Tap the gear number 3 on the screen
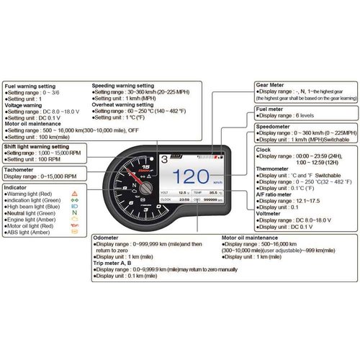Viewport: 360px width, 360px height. pyautogui.click(x=166, y=158)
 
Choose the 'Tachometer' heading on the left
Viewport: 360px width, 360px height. pyautogui.click(x=22, y=169)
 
